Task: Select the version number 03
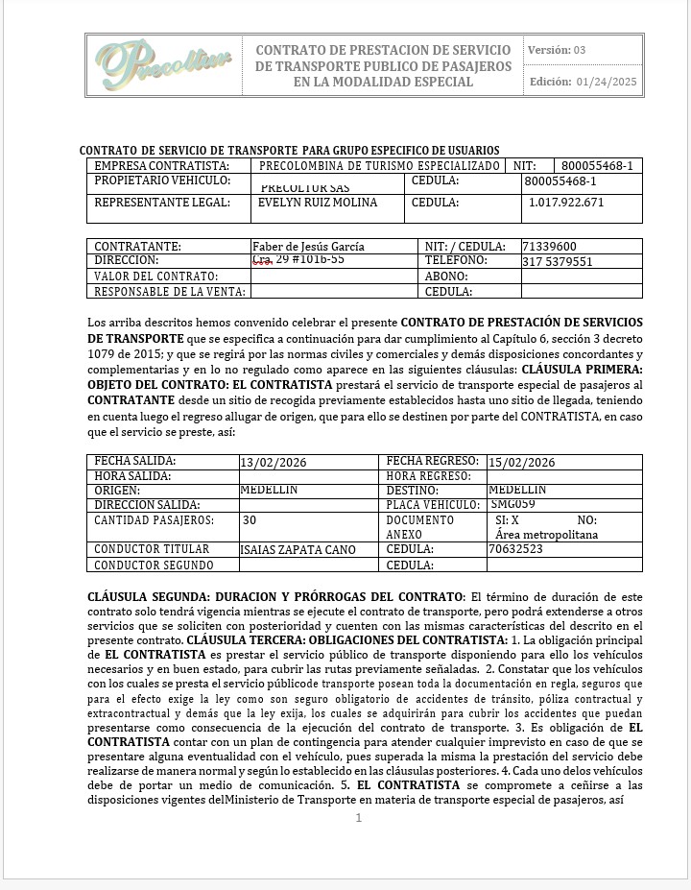tap(580, 50)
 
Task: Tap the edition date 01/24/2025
tap(608, 82)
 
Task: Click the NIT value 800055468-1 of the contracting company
tap(597, 166)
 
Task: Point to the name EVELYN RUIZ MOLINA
tap(318, 203)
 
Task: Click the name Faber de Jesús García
tap(308, 247)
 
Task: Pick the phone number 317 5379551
tap(558, 261)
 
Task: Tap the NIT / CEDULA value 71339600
tap(549, 247)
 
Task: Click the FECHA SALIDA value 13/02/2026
tap(274, 463)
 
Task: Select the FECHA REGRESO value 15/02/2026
tap(522, 463)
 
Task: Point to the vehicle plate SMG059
tap(512, 503)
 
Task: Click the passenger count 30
tap(250, 520)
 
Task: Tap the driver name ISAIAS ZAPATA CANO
tap(298, 550)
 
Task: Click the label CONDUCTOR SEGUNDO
tap(154, 565)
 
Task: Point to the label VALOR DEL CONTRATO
tap(156, 277)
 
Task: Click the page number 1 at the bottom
tap(359, 818)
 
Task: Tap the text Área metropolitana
tap(546, 534)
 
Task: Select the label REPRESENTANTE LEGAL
tap(162, 203)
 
